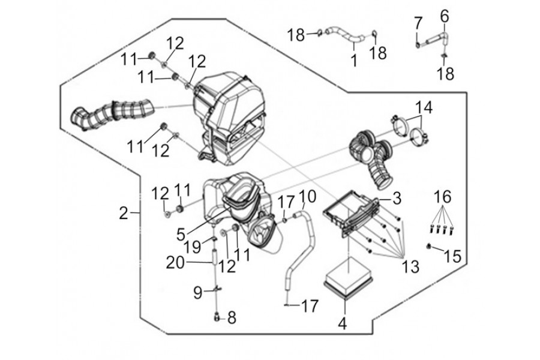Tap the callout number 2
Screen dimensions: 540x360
point(124,213)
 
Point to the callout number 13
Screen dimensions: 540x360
point(410,266)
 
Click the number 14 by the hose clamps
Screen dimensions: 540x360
point(424,107)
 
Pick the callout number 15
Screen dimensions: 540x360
point(452,256)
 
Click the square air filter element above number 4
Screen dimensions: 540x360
point(349,278)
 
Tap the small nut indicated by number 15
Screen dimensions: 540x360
point(430,246)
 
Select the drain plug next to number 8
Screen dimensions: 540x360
point(217,317)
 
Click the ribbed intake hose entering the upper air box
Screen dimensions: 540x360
point(112,113)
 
